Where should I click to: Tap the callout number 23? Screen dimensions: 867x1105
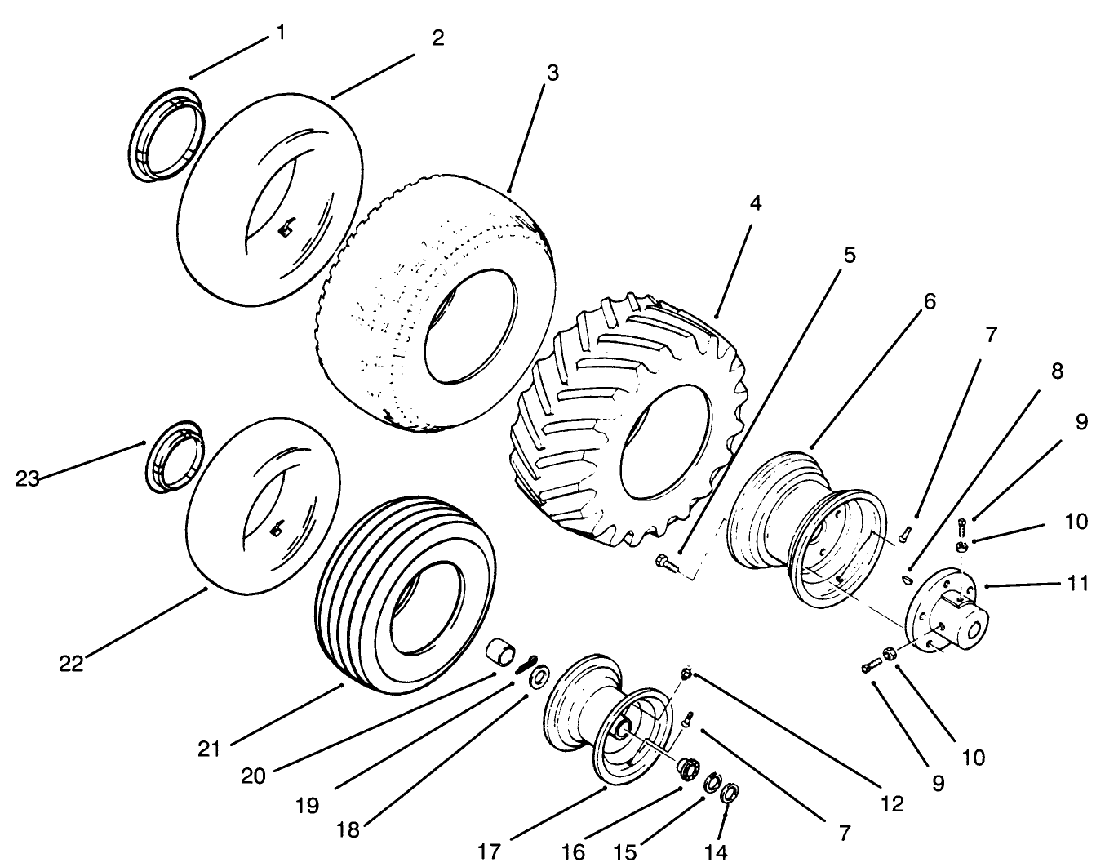click(x=29, y=479)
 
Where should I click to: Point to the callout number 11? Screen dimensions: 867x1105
click(x=1078, y=584)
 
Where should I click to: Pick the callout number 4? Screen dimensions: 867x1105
click(x=756, y=203)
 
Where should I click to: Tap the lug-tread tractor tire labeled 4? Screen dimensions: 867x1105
click(x=628, y=425)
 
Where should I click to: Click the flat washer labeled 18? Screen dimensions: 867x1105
click(x=539, y=678)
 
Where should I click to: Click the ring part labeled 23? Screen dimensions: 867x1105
click(x=173, y=458)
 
